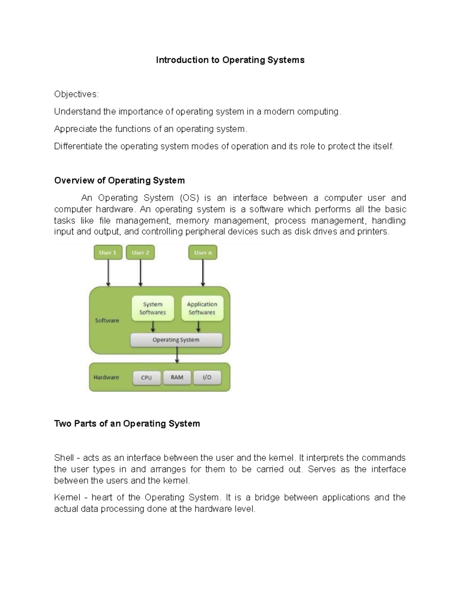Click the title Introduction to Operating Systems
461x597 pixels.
230,60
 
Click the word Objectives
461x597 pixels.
76,94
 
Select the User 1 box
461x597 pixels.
108,253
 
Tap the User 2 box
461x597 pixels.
140,253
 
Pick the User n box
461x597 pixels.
203,253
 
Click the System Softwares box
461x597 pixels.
153,308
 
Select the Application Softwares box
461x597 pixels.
202,308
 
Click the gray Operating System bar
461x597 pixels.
176,340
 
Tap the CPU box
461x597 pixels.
146,377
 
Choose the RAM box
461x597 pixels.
177,377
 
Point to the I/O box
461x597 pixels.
207,377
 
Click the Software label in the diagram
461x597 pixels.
107,321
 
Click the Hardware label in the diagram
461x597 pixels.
106,377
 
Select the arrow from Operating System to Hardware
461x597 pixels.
177,355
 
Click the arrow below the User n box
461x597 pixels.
203,273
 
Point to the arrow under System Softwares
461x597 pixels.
153,327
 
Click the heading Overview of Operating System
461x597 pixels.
119,181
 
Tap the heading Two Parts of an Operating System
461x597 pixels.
127,424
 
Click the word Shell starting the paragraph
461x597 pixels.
64,458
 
